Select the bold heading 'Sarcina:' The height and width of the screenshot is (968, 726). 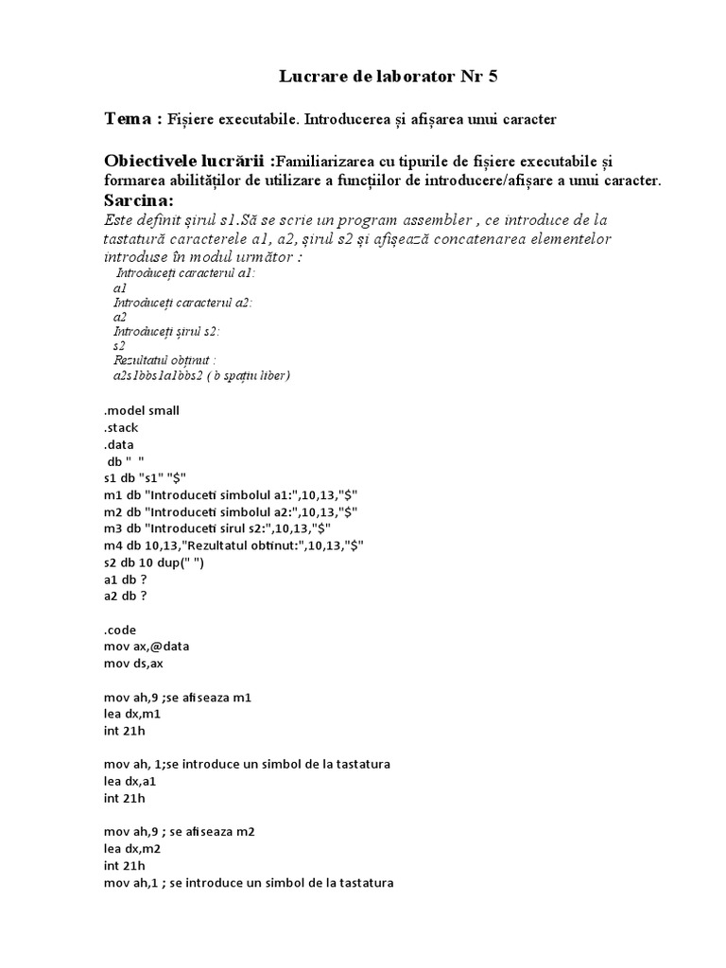click(138, 200)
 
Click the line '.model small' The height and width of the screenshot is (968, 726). click(142, 410)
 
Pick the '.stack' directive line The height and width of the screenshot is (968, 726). click(122, 427)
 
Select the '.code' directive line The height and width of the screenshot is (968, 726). click(121, 630)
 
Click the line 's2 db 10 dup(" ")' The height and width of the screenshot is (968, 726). click(154, 562)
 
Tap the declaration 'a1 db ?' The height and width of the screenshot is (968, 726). click(126, 579)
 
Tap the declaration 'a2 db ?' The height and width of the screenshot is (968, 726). click(126, 596)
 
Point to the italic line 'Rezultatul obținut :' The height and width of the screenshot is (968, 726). click(165, 360)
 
